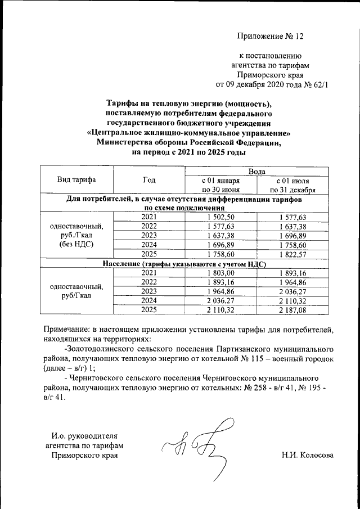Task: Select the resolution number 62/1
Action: (x=316, y=85)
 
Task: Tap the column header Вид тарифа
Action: (x=76, y=180)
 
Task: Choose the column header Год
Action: (x=149, y=180)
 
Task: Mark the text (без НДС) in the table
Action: (x=76, y=245)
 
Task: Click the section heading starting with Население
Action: (x=183, y=263)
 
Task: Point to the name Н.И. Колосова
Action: (x=308, y=454)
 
